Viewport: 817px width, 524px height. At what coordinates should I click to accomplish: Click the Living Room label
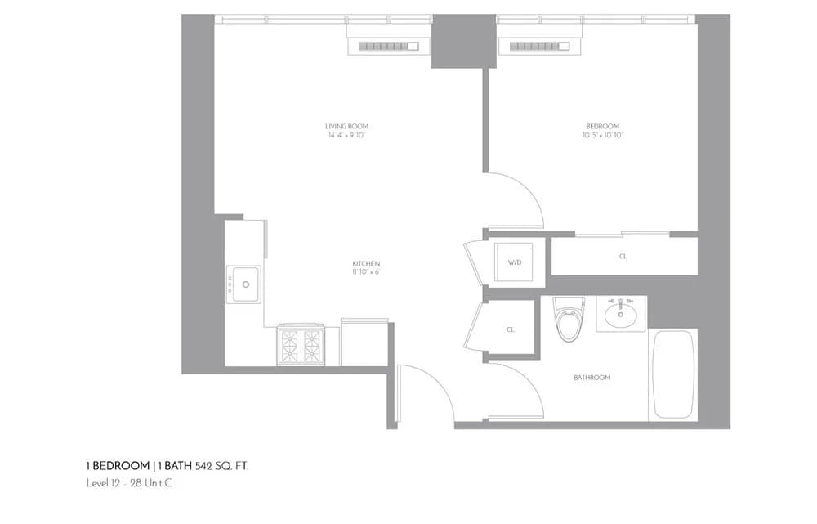click(346, 126)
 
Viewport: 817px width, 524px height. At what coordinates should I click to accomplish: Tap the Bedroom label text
click(603, 126)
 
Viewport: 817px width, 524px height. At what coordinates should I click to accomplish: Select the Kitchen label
click(366, 263)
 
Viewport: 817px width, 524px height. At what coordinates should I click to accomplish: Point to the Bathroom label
click(592, 378)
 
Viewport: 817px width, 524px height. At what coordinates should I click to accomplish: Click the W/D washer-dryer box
click(516, 262)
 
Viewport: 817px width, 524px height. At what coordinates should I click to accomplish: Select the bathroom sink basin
click(622, 312)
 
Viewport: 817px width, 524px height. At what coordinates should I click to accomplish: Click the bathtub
click(673, 375)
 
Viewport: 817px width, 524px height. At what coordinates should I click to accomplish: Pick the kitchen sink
click(243, 284)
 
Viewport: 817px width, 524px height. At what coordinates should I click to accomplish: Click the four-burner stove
click(300, 345)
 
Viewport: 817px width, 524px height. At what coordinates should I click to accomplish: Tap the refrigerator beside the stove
click(364, 343)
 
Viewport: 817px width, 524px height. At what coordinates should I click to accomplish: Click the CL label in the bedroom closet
click(623, 257)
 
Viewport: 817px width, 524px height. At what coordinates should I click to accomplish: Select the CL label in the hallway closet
click(511, 329)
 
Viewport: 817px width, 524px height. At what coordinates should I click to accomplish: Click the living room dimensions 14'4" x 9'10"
click(346, 135)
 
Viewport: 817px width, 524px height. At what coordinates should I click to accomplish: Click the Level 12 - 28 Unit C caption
click(129, 483)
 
